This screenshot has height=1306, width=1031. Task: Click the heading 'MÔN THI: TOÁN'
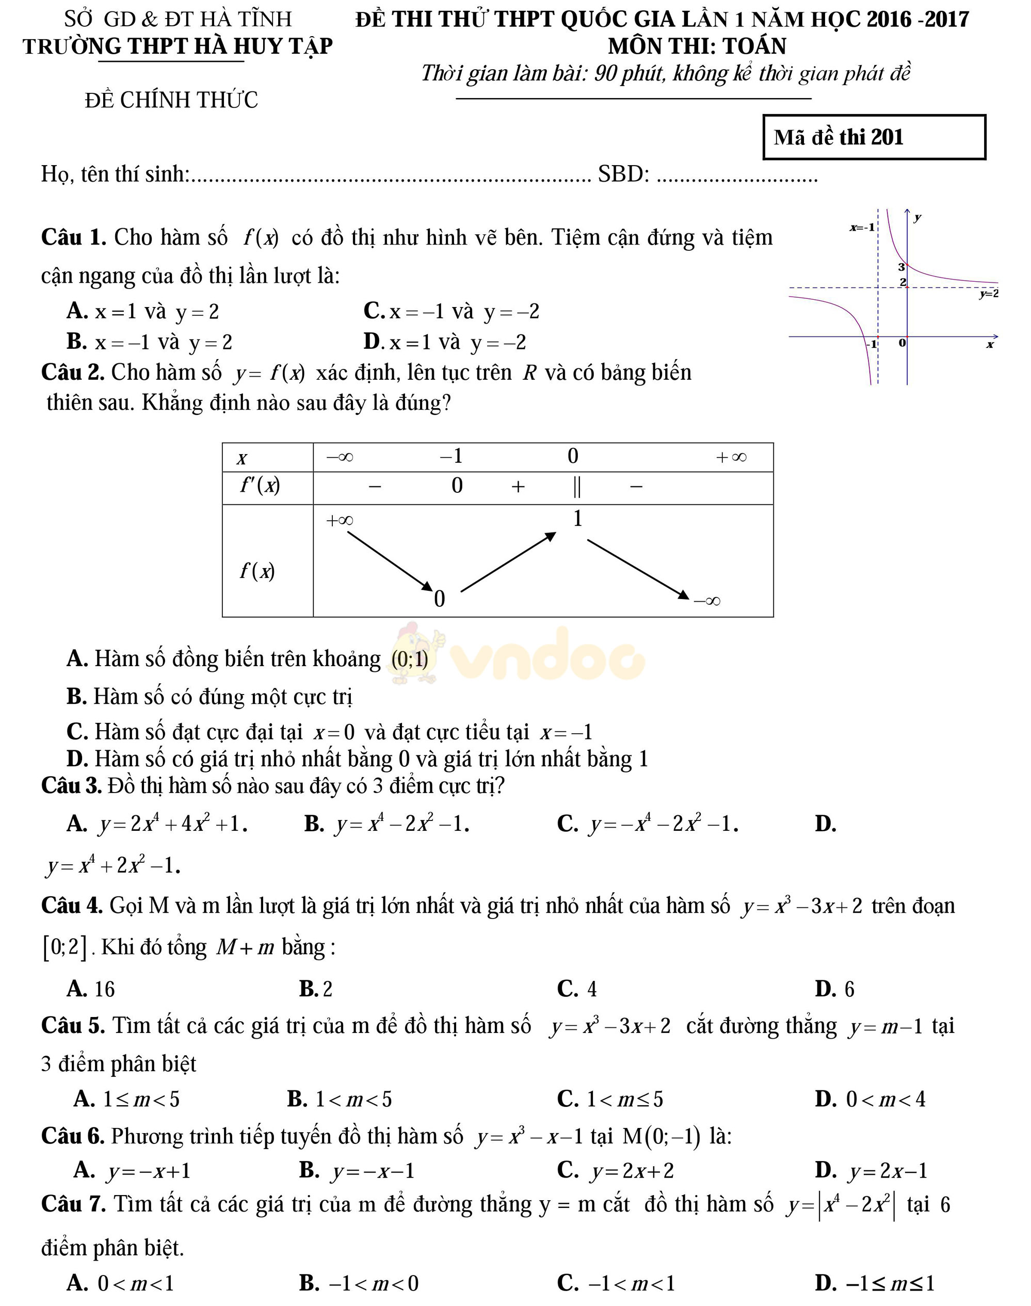click(x=697, y=46)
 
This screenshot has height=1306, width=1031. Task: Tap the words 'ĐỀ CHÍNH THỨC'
click(x=171, y=100)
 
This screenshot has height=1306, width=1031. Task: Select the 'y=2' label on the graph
click(x=988, y=294)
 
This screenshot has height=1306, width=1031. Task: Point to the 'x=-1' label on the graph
click(x=862, y=228)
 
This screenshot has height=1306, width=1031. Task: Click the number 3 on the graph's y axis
click(x=901, y=267)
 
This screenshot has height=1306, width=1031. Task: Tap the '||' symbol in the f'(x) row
click(x=576, y=487)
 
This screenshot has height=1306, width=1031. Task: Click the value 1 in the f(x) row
click(x=577, y=519)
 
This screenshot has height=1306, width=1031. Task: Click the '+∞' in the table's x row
click(x=731, y=457)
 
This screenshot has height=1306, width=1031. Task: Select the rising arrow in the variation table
click(x=508, y=561)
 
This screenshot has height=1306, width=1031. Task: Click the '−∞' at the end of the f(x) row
click(x=707, y=601)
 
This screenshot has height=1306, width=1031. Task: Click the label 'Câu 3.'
click(x=71, y=786)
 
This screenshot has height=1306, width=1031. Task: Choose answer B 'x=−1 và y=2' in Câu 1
click(x=150, y=342)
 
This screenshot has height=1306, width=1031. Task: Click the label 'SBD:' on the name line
click(x=623, y=174)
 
